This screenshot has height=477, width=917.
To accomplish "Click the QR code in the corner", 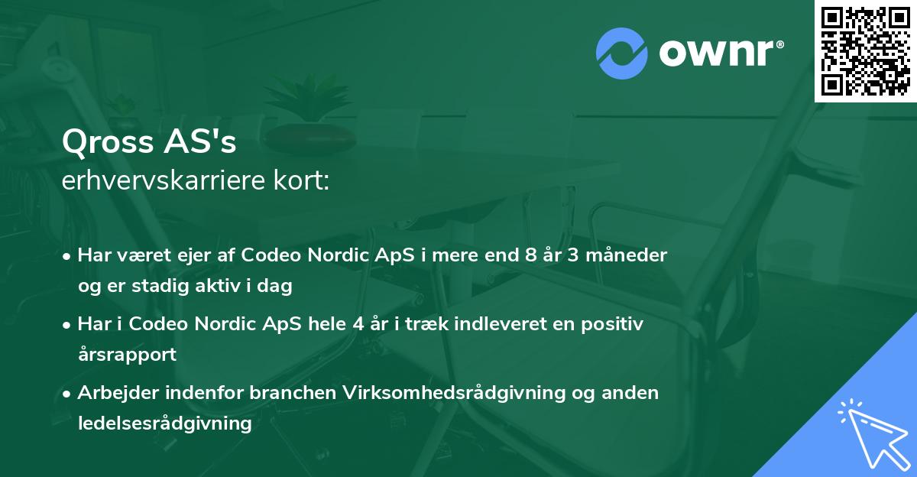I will (x=866, y=50).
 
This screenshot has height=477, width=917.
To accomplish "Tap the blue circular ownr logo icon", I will (x=621, y=54).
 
